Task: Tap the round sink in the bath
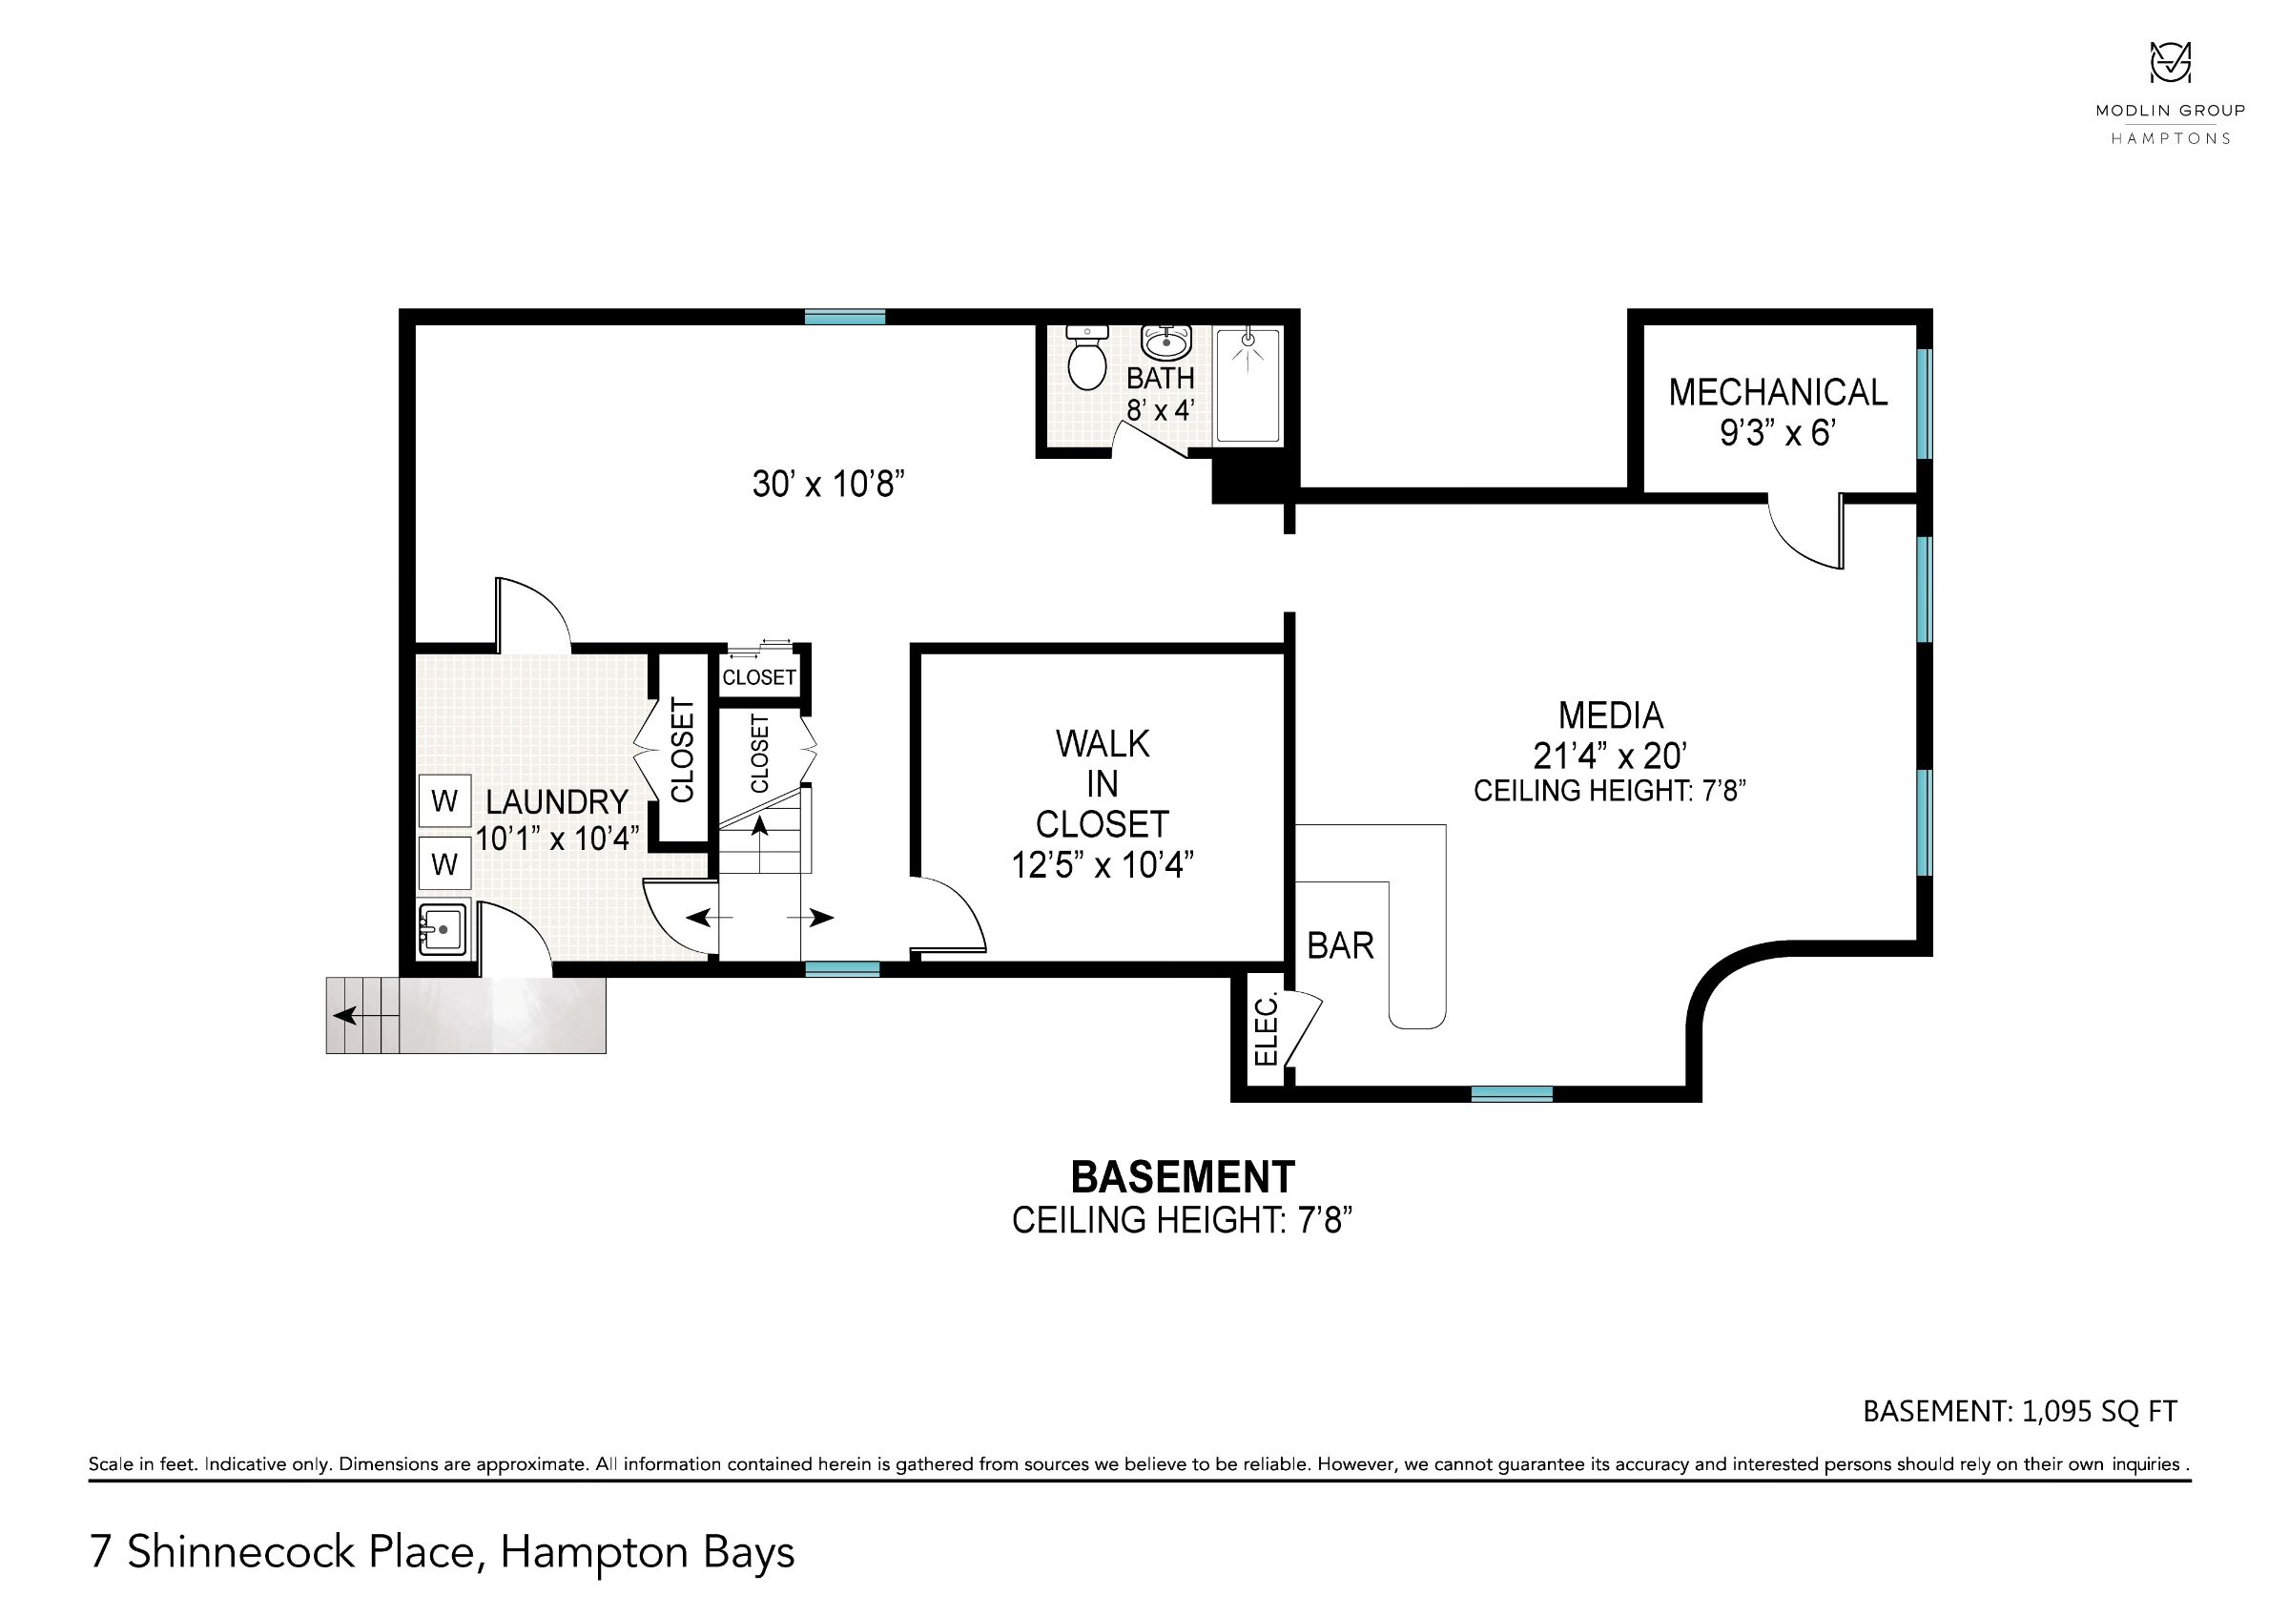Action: tap(1165, 342)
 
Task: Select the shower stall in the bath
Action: tap(1248, 384)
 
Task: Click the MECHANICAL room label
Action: tap(1778, 392)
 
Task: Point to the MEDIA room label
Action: tap(1610, 715)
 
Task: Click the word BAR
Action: tap(1340, 945)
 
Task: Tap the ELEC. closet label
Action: tap(1265, 1031)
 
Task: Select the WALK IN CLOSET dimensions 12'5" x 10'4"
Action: tap(1103, 864)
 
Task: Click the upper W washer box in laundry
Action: tap(444, 800)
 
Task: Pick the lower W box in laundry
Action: tap(444, 863)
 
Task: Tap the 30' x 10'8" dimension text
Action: tap(828, 485)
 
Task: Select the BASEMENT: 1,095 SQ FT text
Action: tap(2020, 1411)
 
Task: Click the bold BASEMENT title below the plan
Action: tap(1183, 1177)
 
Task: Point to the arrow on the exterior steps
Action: tap(365, 1016)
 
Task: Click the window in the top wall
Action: tap(844, 317)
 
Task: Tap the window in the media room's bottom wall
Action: tap(1512, 1093)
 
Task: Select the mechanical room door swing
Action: tap(1805, 532)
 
